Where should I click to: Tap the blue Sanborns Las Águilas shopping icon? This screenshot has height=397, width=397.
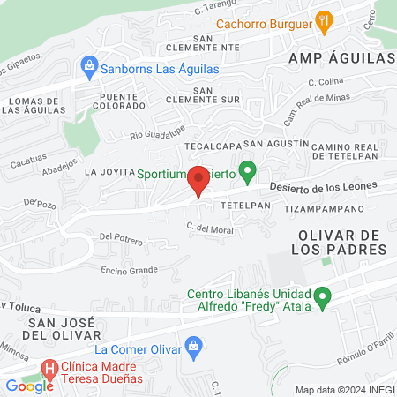pyautogui.click(x=89, y=65)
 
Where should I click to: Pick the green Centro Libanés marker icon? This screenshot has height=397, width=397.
pyautogui.click(x=324, y=300)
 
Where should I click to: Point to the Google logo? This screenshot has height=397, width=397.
pyautogui.click(x=29, y=386)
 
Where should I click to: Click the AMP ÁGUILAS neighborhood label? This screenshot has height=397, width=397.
pyautogui.click(x=341, y=57)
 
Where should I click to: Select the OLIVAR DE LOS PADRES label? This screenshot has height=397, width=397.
pyautogui.click(x=331, y=243)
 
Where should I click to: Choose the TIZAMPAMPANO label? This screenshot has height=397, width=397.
pyautogui.click(x=325, y=209)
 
